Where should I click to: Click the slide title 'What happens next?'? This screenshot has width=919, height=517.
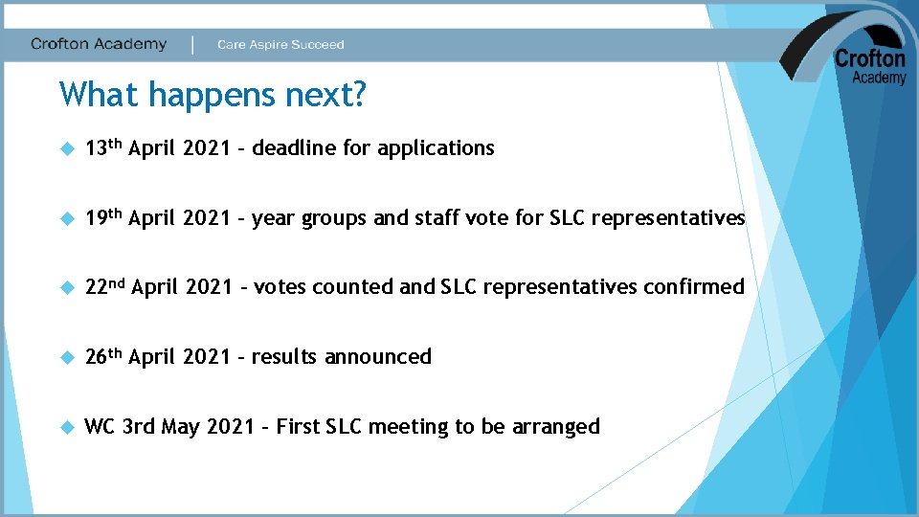[213, 95]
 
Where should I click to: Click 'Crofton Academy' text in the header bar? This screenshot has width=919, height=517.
[99, 44]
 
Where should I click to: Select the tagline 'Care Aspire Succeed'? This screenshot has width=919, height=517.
[280, 45]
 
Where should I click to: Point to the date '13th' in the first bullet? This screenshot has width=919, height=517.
[103, 147]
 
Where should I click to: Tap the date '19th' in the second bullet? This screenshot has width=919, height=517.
[103, 217]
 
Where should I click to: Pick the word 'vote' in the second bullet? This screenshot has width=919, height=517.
[489, 218]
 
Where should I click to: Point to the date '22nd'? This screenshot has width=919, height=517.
[104, 286]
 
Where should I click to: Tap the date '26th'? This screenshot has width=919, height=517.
[103, 356]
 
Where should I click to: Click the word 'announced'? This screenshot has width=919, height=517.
[378, 357]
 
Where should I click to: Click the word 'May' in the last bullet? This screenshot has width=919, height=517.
[180, 428]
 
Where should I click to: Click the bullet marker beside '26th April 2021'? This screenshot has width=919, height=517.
[66, 357]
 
